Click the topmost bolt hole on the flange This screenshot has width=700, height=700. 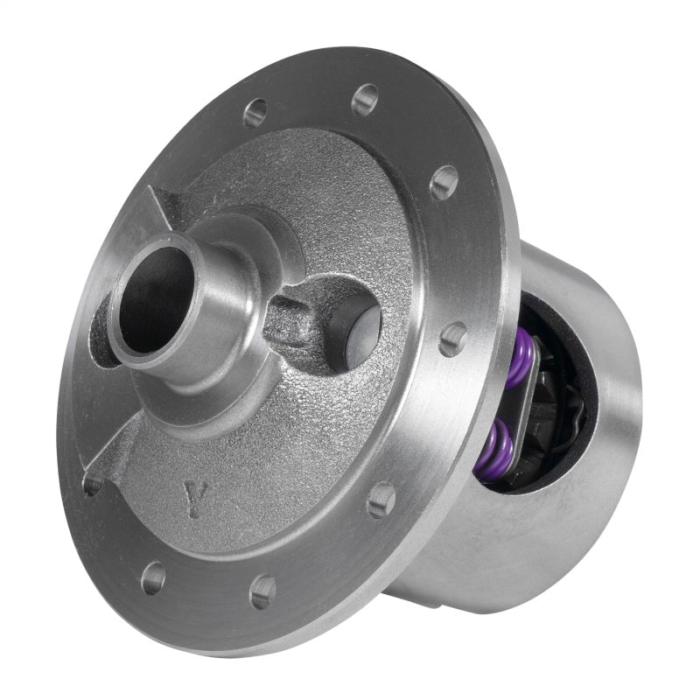point(365,99)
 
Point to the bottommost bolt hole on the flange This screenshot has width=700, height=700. point(262,591)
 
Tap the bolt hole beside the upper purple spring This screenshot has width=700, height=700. point(452,338)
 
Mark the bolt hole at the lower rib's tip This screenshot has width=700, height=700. point(92,484)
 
